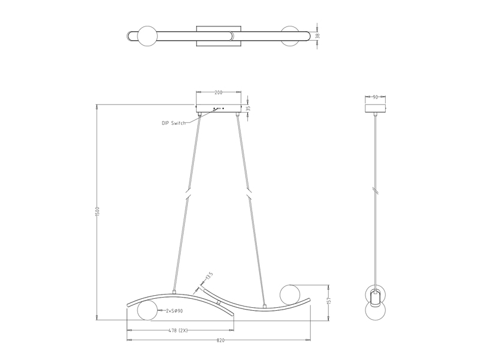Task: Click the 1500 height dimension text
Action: tap(97, 212)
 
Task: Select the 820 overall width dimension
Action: tap(220, 340)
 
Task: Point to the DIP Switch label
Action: tap(173, 123)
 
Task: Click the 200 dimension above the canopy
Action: tap(218, 93)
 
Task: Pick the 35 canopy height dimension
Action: tap(248, 109)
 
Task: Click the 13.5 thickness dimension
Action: tap(208, 277)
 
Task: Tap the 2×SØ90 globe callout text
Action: tap(174, 311)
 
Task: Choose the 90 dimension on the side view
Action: tap(376, 97)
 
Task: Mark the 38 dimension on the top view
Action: tap(318, 35)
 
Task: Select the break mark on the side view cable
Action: tap(376, 190)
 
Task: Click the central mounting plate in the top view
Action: tap(219, 35)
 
